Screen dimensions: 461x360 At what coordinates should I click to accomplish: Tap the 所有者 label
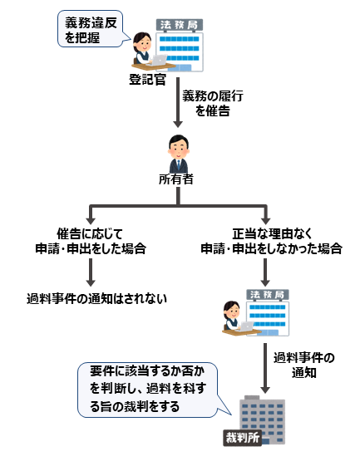coord(175,179)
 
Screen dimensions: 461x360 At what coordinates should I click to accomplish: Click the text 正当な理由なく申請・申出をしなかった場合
coord(265,241)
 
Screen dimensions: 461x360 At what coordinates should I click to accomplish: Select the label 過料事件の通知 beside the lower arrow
coord(304,365)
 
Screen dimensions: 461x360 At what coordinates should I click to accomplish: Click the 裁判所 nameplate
coord(241,437)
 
